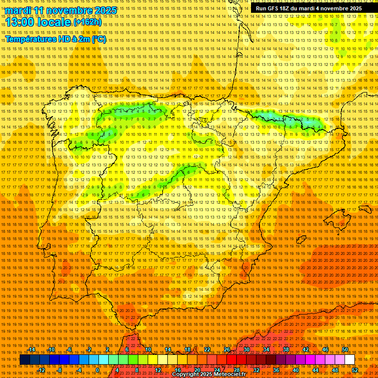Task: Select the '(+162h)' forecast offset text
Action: pyautogui.click(x=88, y=22)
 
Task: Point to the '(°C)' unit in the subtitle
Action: pyautogui.click(x=98, y=39)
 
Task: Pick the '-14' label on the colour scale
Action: pyautogui.click(x=32, y=349)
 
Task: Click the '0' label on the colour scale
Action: pyautogui.click(x=97, y=370)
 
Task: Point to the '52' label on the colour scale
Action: pyautogui.click(x=355, y=370)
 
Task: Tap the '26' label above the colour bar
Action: pyautogui.click(x=227, y=349)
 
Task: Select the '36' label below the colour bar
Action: pyautogui.click(x=276, y=370)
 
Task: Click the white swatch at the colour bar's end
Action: pyautogui.click(x=349, y=360)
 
